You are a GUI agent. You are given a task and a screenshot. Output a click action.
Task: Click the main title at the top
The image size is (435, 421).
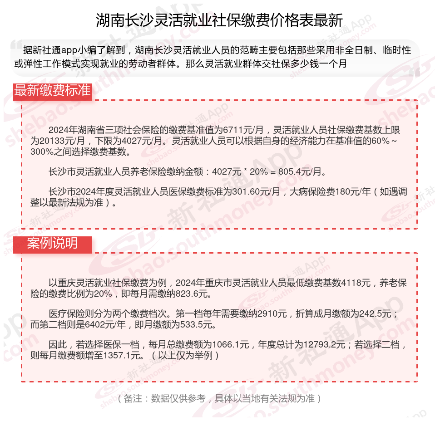(x=219, y=20)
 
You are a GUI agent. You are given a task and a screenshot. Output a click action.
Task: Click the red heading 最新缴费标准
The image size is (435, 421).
(x=52, y=90)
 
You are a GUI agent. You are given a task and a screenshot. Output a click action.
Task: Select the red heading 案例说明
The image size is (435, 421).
(x=52, y=244)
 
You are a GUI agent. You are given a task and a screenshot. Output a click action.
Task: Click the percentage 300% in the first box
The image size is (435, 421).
(x=45, y=152)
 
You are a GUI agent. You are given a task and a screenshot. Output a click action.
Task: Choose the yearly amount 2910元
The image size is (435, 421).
(x=272, y=314)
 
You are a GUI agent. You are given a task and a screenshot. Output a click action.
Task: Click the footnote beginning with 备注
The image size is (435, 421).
(x=219, y=399)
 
